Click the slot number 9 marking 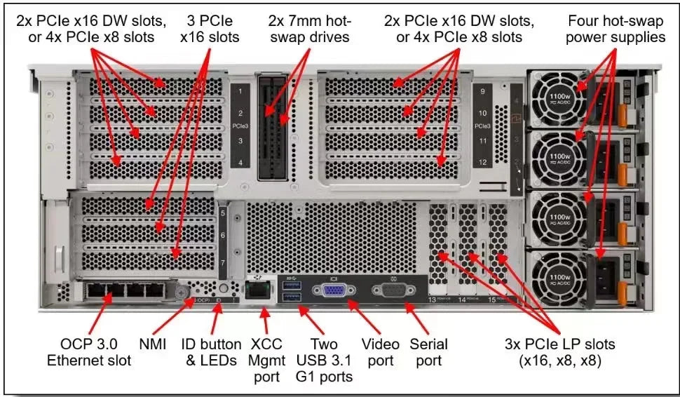pyautogui.click(x=481, y=91)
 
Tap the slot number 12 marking pyautogui.click(x=481, y=163)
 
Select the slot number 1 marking pyautogui.click(x=240, y=91)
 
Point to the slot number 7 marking pyautogui.click(x=223, y=262)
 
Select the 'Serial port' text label pyautogui.click(x=429, y=352)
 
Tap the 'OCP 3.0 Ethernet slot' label pyautogui.click(x=89, y=352)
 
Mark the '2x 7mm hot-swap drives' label pyautogui.click(x=309, y=29)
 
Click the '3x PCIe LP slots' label pyautogui.click(x=560, y=352)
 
